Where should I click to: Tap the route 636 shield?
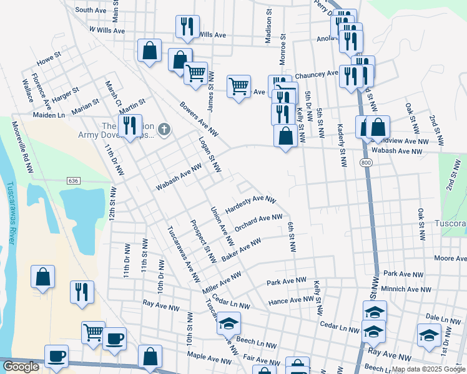tap(74, 180)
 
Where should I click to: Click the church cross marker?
tap(164, 129)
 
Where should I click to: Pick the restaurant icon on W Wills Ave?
tap(187, 26)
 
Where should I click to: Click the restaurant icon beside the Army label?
tap(130, 125)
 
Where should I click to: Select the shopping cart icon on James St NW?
tap(196, 72)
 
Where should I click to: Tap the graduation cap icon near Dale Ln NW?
tap(429, 335)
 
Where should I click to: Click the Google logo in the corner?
tap(21, 367)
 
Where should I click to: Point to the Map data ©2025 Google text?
tap(428, 369)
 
